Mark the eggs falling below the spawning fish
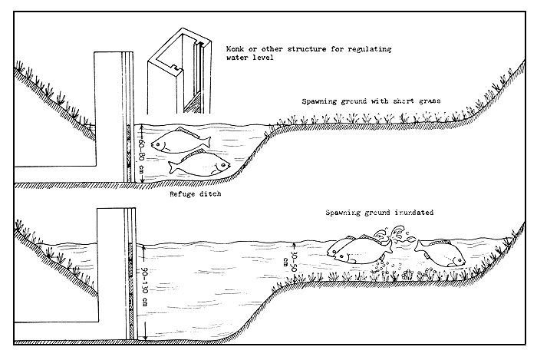(x=387, y=268)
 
